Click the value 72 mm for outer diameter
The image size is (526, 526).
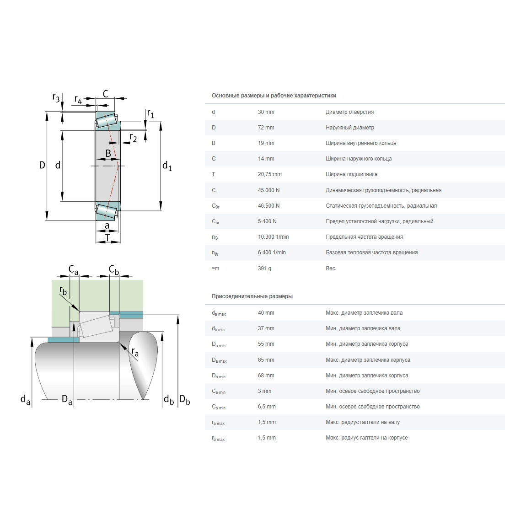pos(266,128)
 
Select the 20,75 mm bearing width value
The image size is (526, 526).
pos(269,174)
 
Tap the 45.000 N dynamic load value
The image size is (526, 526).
pos(268,190)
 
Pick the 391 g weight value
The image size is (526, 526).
pos(264,268)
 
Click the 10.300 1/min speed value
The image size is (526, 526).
pos(273,237)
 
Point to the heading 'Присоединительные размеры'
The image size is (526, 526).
pos(252,296)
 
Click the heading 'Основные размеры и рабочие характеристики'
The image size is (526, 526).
pos(274,96)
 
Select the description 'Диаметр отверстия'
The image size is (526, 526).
pos(349,112)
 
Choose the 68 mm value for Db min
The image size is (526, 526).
pos(266,376)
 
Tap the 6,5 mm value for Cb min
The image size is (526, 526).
pos(267,407)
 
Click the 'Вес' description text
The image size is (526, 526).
pos(330,268)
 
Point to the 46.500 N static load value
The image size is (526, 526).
pos(268,206)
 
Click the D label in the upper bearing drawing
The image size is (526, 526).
pos(42,165)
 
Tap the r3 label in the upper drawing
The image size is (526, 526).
pos(56,97)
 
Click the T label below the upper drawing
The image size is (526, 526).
pos(107,238)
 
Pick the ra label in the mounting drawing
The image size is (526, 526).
pos(135,351)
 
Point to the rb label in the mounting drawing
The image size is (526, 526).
pos(63,290)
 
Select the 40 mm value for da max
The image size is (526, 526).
pos(266,313)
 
